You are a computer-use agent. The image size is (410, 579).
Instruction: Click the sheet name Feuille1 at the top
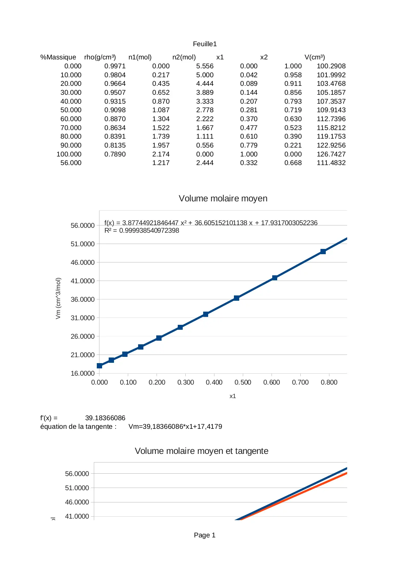coord(205,44)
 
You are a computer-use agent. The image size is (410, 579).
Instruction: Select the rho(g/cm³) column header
coord(100,57)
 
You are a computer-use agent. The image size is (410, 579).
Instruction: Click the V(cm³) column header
coord(315,57)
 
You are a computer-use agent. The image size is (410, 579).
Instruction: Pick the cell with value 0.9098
coord(115,110)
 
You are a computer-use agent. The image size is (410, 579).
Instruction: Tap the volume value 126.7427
coord(331,154)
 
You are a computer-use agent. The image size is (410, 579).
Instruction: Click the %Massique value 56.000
coord(71,163)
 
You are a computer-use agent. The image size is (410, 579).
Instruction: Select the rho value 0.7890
coord(115,154)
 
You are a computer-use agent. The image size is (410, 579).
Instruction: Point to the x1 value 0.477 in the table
coord(248,128)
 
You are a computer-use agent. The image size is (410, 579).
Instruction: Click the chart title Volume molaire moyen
coord(223,198)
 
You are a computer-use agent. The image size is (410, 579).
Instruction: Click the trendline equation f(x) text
coord(211,223)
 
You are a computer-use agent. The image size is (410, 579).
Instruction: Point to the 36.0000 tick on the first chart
coord(83,299)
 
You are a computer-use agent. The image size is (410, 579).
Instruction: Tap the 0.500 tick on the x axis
coord(243,382)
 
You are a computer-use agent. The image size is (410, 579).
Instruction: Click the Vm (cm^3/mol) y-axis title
coord(58,298)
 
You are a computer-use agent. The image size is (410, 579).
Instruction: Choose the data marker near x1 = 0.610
coord(275,278)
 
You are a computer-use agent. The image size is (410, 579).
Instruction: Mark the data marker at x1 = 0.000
coord(99,366)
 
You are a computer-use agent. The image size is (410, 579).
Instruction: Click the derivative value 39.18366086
coord(105,418)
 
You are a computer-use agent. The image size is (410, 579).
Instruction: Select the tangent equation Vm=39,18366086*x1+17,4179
coord(175,426)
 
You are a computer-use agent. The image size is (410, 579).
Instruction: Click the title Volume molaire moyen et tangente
coord(202,451)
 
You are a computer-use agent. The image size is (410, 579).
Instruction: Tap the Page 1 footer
coord(205,535)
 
